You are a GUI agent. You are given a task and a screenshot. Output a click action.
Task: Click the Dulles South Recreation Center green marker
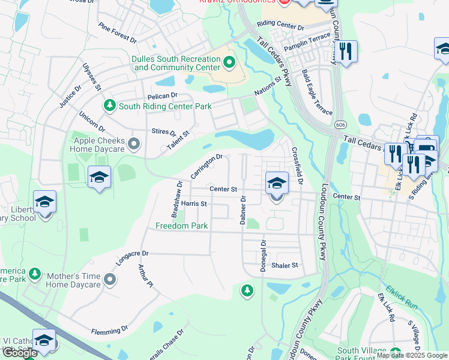229,62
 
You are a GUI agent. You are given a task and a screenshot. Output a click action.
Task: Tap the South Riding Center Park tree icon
109,106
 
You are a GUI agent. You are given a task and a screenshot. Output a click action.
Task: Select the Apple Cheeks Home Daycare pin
134,144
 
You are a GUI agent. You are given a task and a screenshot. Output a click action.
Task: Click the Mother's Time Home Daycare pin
110,279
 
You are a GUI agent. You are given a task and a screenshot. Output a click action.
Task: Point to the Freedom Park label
181,226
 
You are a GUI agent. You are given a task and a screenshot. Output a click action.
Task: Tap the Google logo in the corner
20,353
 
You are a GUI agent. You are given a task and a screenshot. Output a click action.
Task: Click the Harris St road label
194,204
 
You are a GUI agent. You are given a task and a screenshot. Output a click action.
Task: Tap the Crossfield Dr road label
298,166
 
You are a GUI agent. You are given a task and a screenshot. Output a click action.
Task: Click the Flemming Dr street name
110,330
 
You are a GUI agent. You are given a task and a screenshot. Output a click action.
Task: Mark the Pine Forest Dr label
118,33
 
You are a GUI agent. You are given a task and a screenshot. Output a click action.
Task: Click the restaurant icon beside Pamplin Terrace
345,51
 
